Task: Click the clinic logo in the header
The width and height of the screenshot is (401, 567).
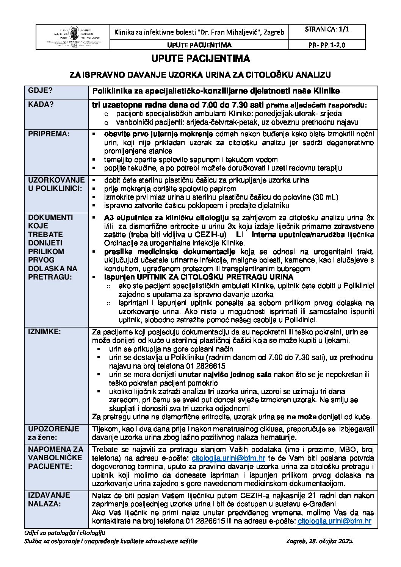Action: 72,37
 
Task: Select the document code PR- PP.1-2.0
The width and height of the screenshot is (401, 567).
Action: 327,45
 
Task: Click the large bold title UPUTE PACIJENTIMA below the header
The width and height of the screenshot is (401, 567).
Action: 200,59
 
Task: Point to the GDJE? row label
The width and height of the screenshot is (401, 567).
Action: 40,91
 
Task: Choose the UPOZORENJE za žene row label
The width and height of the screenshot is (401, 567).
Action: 53,433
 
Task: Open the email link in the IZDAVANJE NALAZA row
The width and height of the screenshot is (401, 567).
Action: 335,522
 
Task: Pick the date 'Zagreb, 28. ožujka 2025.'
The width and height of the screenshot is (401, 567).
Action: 320,541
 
